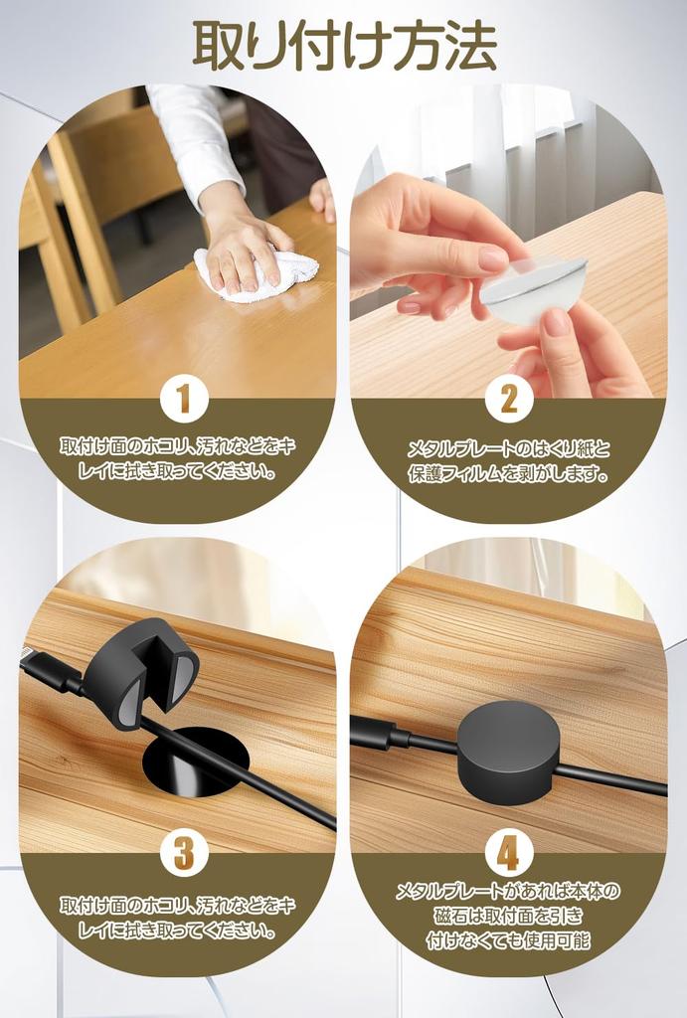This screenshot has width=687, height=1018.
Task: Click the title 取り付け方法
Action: [x=344, y=46]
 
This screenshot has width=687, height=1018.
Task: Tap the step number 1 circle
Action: [x=184, y=399]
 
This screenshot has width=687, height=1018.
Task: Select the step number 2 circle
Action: [x=508, y=399]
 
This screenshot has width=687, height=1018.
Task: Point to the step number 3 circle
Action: [x=184, y=852]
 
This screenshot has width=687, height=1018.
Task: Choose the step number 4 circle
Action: [x=508, y=853]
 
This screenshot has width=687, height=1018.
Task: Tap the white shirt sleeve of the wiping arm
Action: [x=195, y=139]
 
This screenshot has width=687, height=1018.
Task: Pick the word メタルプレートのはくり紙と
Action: [x=508, y=449]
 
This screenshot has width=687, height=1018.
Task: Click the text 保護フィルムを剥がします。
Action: [x=508, y=475]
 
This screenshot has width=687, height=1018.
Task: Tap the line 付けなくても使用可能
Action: [x=508, y=940]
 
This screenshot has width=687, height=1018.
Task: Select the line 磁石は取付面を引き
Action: [x=508, y=916]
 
